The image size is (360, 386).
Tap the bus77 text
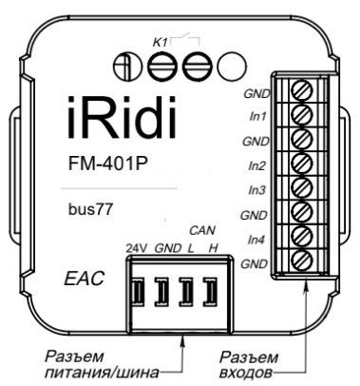click(90, 208)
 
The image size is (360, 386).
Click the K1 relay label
click(161, 43)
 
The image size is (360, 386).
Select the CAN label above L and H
click(200, 230)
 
